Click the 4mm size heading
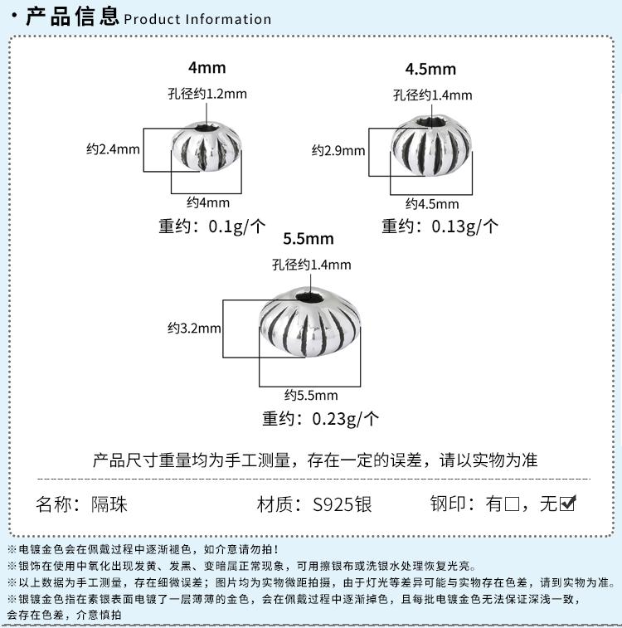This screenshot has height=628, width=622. click(207, 68)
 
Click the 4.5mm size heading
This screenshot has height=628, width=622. click(430, 68)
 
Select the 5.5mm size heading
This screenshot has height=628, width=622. click(308, 239)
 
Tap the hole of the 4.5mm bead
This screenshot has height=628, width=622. click(430, 122)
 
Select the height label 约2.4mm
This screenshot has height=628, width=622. click(113, 149)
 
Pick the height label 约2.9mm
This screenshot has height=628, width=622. click(338, 151)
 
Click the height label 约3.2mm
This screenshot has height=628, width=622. click(194, 328)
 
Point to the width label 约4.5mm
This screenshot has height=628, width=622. click(432, 204)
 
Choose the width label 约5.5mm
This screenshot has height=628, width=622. click(311, 395)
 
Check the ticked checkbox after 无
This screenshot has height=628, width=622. click(568, 503)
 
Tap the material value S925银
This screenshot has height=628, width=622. click(343, 504)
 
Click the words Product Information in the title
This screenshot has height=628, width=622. click(197, 19)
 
